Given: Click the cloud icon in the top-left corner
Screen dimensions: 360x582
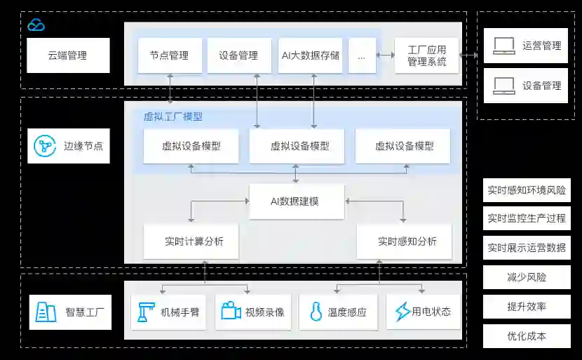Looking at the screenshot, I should coord(36,25).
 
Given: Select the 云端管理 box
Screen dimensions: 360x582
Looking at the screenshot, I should coord(68,55).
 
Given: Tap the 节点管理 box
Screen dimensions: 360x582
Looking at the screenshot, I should coord(169,55).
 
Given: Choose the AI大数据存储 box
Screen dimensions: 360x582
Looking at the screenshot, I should coord(310,55).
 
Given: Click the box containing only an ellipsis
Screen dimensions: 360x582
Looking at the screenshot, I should coord(362,55).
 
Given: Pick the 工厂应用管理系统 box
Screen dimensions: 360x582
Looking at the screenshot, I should coord(426,55).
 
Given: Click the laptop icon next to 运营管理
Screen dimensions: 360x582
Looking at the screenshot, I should coord(503,46).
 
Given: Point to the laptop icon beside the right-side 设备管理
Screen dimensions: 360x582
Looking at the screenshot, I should coord(503,86).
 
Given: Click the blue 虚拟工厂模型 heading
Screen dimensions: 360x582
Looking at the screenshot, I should coord(172,116).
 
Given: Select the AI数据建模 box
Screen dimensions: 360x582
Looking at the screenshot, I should coord(297,201).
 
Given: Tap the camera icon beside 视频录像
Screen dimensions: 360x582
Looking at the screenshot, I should coord(231,312).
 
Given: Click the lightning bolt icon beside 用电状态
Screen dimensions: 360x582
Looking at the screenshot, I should coord(402,312).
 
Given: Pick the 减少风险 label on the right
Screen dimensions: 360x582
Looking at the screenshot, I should coord(527,277).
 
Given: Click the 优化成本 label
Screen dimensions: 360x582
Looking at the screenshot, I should coord(527,336).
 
